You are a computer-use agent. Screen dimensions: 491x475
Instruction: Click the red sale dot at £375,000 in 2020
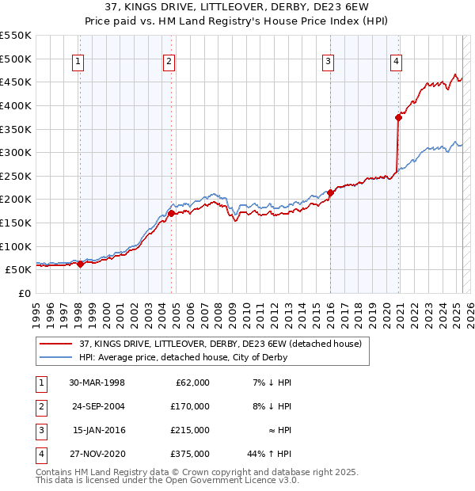coord(398,117)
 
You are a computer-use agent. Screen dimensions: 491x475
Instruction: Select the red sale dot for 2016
coord(330,192)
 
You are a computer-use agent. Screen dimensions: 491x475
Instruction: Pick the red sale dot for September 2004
coord(172,213)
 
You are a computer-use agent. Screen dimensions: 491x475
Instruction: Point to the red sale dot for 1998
coord(81,264)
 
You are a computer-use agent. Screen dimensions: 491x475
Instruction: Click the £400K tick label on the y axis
coord(16,105)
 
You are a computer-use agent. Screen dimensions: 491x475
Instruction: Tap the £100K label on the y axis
coord(16,246)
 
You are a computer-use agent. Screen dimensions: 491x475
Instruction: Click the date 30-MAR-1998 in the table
coord(97,383)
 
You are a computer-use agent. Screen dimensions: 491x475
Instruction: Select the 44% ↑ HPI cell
coord(269,454)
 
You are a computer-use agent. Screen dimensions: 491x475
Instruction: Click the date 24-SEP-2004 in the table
coord(97,406)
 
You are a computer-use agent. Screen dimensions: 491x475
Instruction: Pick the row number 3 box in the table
coord(40,430)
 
